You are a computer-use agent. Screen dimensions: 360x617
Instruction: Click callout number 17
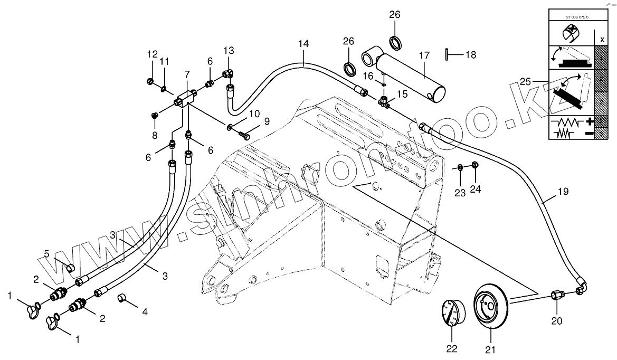(x=425, y=55)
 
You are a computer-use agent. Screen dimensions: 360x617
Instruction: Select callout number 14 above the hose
(x=303, y=44)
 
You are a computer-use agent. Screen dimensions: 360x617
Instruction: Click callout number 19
(x=563, y=192)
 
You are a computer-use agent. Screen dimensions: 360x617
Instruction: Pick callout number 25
(x=525, y=82)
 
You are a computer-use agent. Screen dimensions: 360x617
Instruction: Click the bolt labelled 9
(x=243, y=134)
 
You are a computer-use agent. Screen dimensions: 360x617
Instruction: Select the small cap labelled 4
(x=122, y=299)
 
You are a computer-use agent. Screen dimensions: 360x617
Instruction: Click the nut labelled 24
(x=474, y=166)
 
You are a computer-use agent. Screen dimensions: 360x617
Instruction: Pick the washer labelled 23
(x=461, y=168)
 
